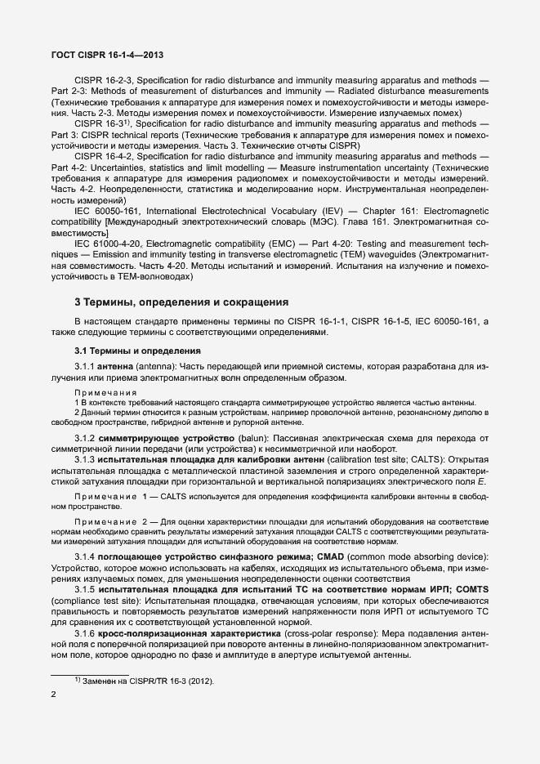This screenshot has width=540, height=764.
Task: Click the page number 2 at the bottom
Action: (54, 695)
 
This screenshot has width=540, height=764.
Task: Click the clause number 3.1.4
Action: (87, 556)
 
